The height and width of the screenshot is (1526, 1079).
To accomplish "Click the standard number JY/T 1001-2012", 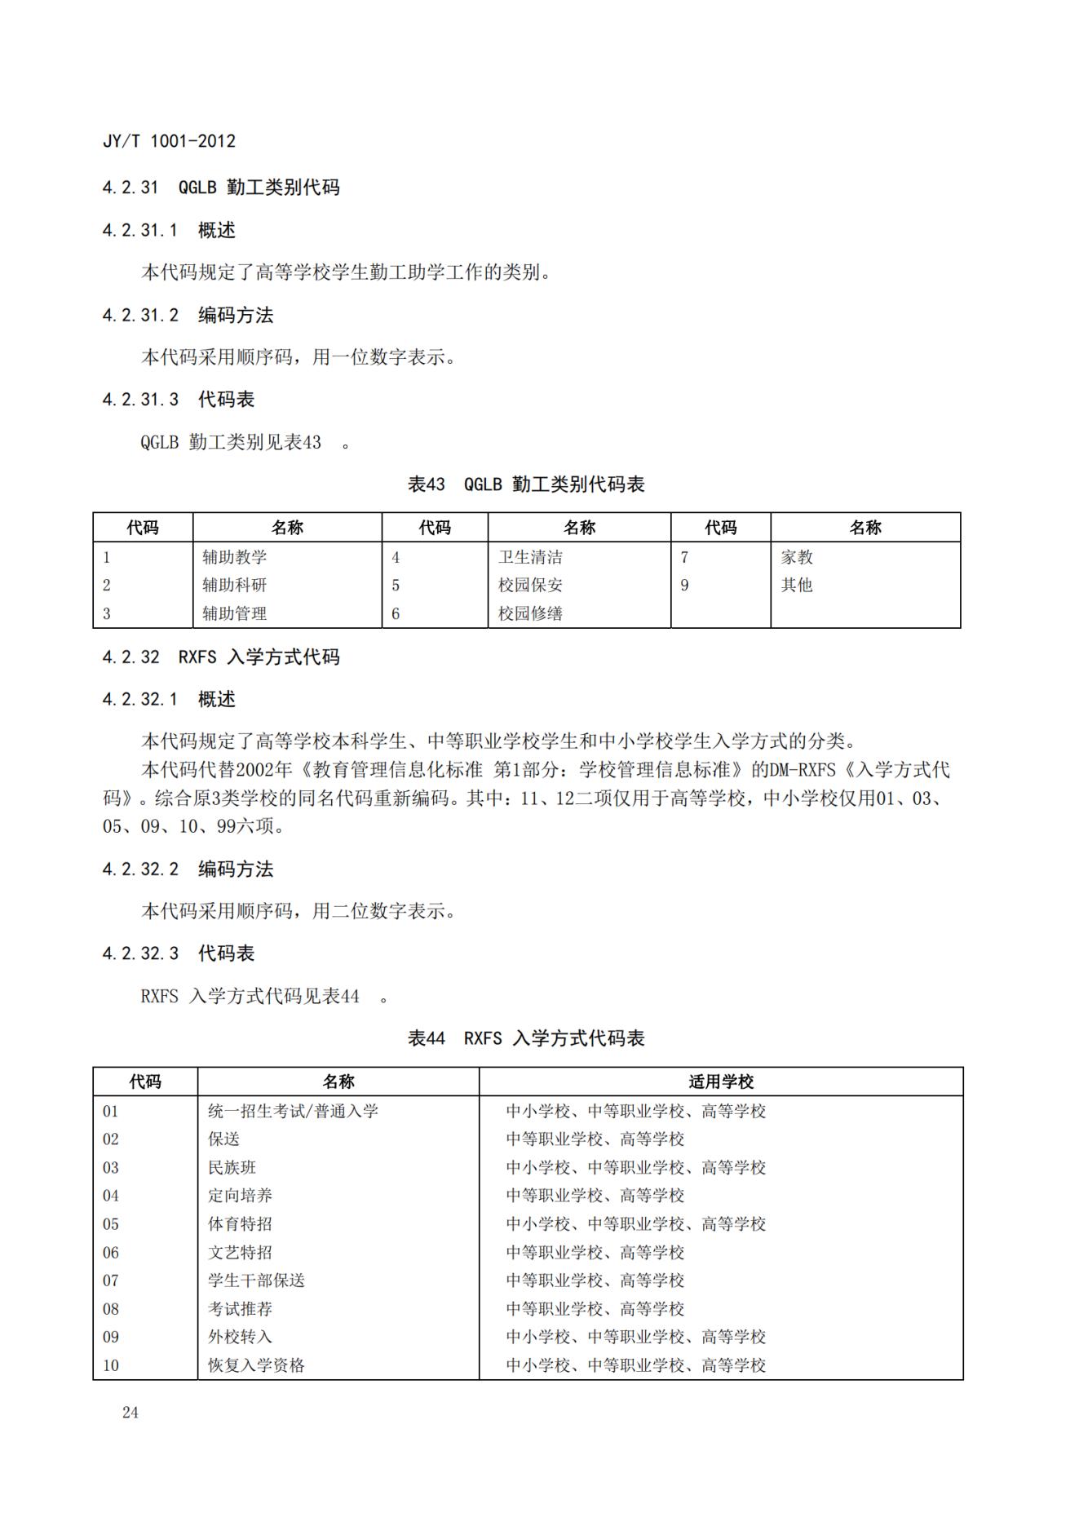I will (169, 141).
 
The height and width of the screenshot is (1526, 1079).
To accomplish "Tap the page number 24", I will (130, 1413).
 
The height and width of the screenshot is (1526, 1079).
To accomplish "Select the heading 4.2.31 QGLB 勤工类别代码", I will (220, 188).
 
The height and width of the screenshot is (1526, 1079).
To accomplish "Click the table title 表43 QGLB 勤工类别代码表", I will (526, 484).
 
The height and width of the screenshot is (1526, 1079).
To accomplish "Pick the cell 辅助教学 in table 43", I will (235, 557).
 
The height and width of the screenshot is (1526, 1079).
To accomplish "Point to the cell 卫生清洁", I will (530, 557).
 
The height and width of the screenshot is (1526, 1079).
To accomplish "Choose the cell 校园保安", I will (530, 585).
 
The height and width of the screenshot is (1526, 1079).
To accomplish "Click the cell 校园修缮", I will (530, 613).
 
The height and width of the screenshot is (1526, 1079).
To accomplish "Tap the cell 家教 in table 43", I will (797, 557).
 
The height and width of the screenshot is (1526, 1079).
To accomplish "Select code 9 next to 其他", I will (684, 585).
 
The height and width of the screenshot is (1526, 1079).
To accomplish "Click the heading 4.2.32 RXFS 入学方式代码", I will (220, 657).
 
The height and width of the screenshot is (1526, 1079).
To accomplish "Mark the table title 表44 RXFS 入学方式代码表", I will (526, 1038).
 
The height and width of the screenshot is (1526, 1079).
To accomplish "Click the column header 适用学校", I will (721, 1081).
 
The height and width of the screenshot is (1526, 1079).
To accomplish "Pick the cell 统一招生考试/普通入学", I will (293, 1111).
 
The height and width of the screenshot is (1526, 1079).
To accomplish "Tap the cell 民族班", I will (232, 1167).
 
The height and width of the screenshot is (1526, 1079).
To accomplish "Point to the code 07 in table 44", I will (111, 1281).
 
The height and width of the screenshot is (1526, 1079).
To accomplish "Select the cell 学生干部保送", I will (256, 1281).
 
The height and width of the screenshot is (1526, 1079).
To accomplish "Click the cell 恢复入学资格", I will (256, 1365).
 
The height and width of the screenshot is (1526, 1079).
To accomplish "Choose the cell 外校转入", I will (240, 1337).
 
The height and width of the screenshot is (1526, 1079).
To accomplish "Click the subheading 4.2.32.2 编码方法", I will (188, 869).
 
